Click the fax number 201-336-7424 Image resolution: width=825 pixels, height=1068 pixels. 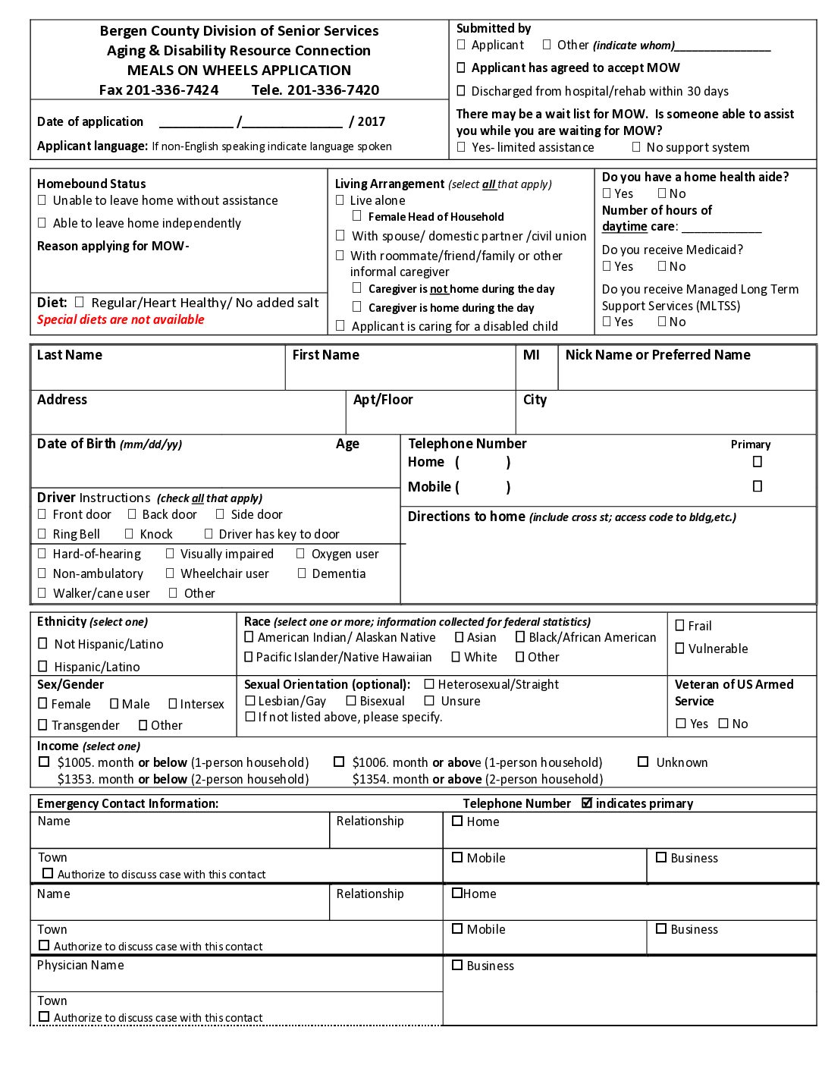(172, 90)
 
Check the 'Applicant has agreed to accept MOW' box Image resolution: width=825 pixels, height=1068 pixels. (461, 68)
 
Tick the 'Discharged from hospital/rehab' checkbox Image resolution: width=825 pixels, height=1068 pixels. (461, 91)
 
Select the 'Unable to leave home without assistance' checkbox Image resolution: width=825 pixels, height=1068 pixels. (42, 200)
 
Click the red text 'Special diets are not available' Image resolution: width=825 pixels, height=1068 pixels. (121, 319)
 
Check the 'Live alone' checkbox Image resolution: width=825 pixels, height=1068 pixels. (340, 200)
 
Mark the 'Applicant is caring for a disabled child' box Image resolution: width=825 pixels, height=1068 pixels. (340, 326)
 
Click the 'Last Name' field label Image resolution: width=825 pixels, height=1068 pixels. (69, 355)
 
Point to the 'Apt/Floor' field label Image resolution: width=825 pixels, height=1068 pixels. (383, 400)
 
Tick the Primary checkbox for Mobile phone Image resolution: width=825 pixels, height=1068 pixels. (757, 486)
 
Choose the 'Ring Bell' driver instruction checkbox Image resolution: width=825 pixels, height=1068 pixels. (42, 534)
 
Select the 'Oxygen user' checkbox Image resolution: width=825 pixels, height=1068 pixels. (301, 554)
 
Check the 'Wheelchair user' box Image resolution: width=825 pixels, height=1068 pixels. (171, 573)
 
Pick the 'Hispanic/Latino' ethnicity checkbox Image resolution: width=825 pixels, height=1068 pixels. (43, 666)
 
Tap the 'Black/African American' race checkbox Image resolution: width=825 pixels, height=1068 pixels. (520, 637)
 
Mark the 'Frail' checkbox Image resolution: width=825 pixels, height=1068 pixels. (680, 626)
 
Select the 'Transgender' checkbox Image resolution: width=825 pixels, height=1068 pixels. (43, 725)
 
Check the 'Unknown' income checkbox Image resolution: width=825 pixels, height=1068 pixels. (643, 762)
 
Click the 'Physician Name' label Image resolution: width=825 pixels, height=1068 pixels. (80, 965)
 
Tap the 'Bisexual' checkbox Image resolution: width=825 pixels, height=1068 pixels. (351, 701)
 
